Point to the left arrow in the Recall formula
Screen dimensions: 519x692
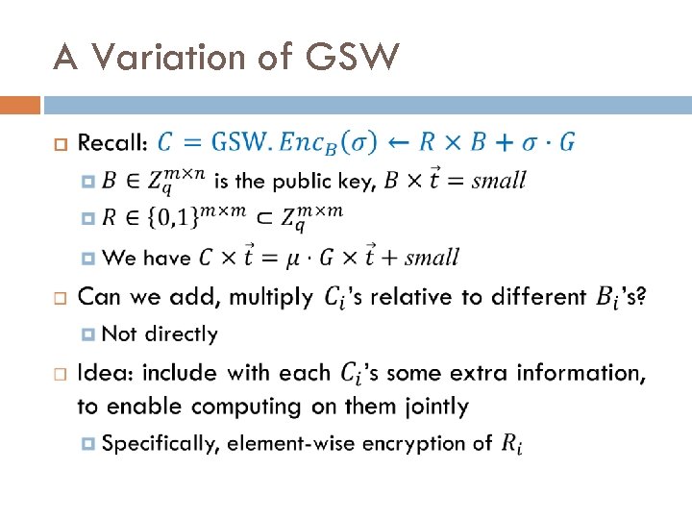click(399, 142)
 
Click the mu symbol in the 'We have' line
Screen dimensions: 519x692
click(286, 258)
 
